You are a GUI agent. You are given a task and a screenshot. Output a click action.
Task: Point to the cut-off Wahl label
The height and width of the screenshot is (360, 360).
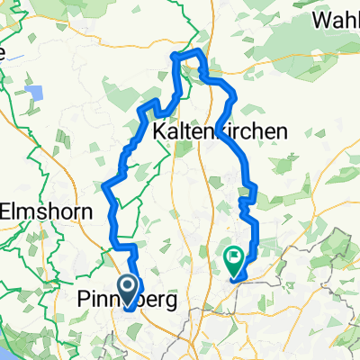point(335,20)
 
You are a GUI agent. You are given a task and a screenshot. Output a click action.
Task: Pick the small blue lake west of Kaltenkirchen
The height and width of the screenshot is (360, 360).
point(37,93)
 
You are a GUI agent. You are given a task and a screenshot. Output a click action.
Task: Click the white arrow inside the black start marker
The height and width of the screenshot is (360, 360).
point(128,288)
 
